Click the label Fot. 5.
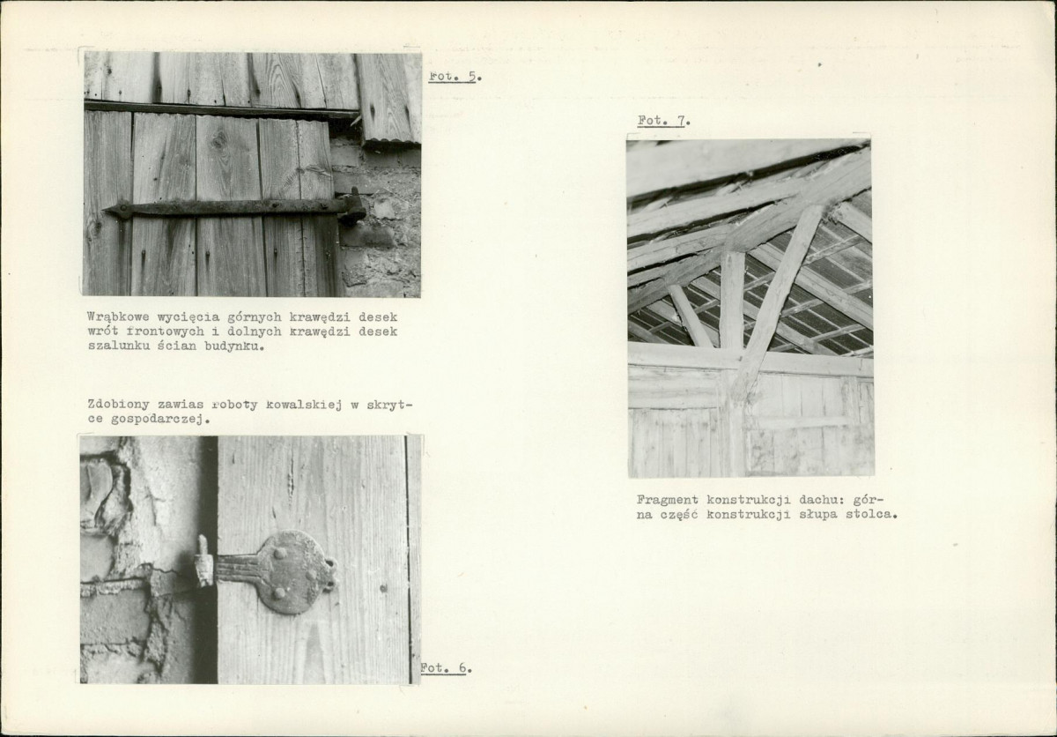455,77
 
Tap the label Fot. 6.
446,667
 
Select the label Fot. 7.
664,121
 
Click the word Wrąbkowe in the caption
118,317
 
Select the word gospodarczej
161,420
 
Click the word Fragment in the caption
668,500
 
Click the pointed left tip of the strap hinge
104,210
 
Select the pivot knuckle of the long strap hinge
352,206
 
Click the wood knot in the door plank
219,141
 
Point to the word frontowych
166,331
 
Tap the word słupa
817,514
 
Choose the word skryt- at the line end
389,406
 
